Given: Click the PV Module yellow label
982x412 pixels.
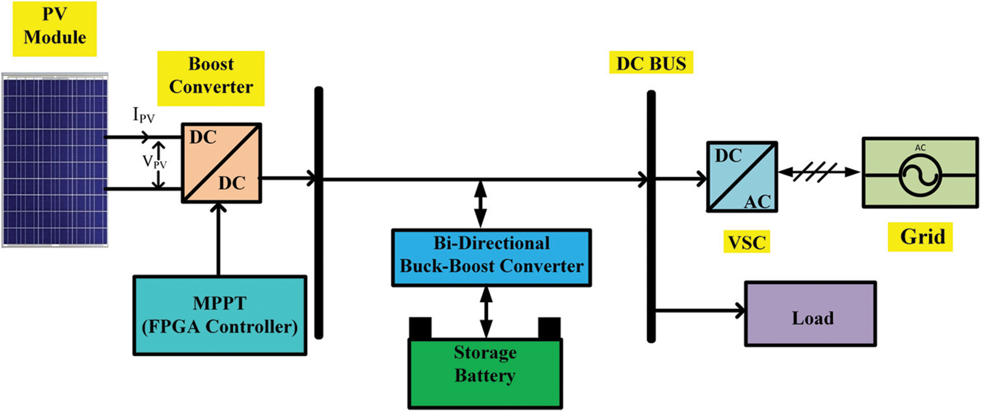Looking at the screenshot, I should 54,28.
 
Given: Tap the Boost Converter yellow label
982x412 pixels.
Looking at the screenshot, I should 210,77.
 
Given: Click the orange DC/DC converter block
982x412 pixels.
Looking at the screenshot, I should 221,162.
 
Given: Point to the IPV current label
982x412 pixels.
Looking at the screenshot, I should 143,115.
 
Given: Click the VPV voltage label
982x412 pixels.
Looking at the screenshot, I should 154,162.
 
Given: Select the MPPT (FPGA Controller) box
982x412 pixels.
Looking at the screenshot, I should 220,315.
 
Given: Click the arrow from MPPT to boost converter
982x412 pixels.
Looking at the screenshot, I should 218,239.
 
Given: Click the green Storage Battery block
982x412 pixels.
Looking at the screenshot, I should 485,372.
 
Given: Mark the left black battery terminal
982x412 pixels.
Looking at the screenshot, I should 420,328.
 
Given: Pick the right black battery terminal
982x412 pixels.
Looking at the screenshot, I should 549,328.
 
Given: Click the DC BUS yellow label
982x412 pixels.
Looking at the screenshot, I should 651,63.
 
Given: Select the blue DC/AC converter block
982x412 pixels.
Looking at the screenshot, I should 742,177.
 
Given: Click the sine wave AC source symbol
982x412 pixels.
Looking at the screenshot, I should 920,175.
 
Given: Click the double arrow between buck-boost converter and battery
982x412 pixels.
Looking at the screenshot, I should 486,312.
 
